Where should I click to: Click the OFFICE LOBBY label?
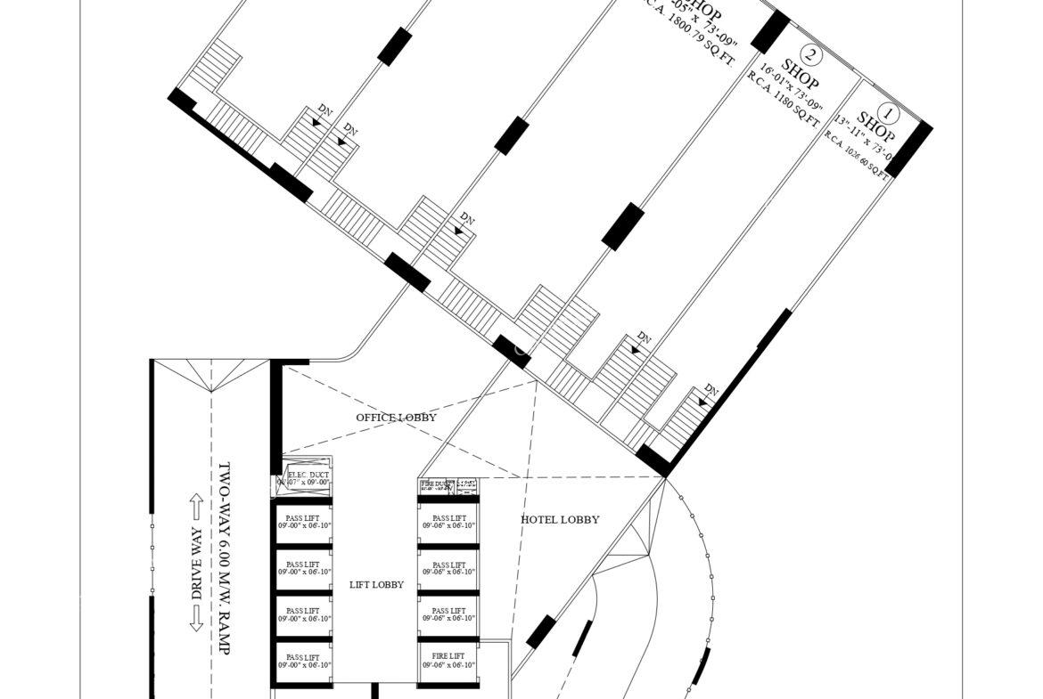pyautogui.click(x=396, y=417)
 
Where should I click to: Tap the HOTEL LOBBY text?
pyautogui.click(x=560, y=519)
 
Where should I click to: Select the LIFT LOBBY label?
pyautogui.click(x=376, y=585)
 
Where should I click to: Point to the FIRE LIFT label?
pyautogui.click(x=448, y=656)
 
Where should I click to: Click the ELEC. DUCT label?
pyautogui.click(x=308, y=475)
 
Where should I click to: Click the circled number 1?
pyautogui.click(x=888, y=113)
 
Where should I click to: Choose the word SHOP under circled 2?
pyautogui.click(x=800, y=73)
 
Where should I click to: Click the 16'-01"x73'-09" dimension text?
pyautogui.click(x=791, y=86)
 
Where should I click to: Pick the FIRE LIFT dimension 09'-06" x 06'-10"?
pyautogui.click(x=448, y=665)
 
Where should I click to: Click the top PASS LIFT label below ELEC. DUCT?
pyautogui.click(x=302, y=517)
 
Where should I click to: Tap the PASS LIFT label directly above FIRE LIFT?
pyautogui.click(x=448, y=611)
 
